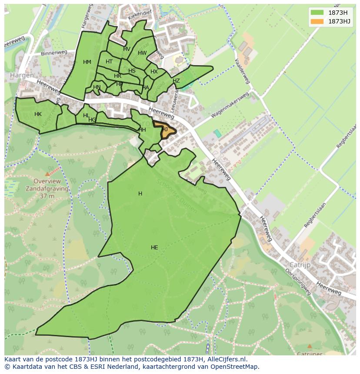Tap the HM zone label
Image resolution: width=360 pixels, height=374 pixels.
(x=87, y=62)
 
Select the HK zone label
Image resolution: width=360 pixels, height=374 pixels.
(x=38, y=114)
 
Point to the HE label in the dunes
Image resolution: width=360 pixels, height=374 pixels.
(x=154, y=248)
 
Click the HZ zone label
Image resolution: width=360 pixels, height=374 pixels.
(x=176, y=81)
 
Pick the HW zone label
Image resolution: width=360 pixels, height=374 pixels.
(x=142, y=53)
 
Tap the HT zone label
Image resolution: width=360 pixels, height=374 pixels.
(x=109, y=62)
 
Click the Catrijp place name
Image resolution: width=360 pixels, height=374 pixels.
(x=300, y=264)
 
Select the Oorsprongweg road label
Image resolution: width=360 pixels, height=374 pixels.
(x=295, y=283)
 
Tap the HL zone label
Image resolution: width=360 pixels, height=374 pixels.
(x=86, y=116)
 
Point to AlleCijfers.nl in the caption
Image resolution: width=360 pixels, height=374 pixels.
(x=226, y=359)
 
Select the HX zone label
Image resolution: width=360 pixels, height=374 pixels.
(x=154, y=72)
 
